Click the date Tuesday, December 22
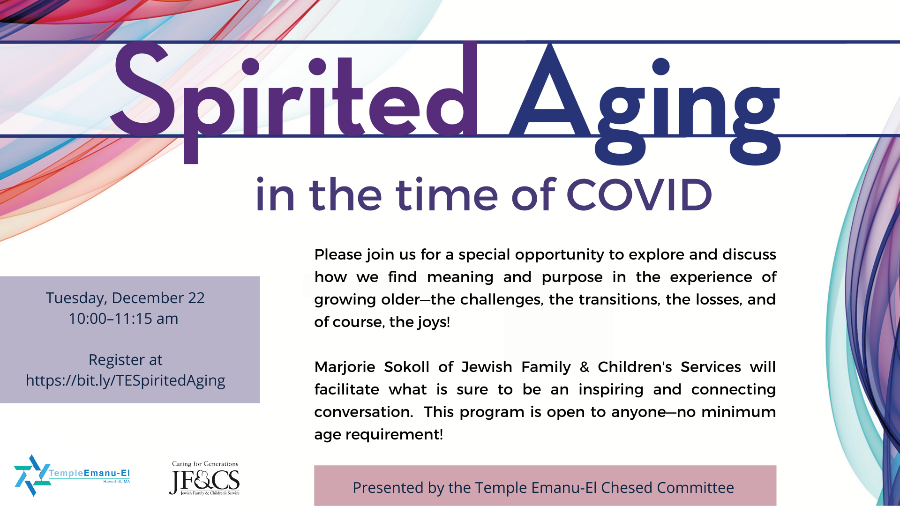tap(125, 298)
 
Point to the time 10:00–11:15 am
tap(123, 319)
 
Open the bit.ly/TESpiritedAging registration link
tap(125, 380)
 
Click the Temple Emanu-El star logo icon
tap(32, 475)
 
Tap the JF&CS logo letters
tap(204, 481)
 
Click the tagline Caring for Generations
tap(205, 464)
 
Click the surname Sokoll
tap(406, 367)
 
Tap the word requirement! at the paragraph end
tap(394, 435)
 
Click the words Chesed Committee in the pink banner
tap(667, 488)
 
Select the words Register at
tap(125, 360)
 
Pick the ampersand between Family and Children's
tap(584, 367)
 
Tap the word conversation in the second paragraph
tap(363, 412)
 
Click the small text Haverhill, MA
tap(117, 482)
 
